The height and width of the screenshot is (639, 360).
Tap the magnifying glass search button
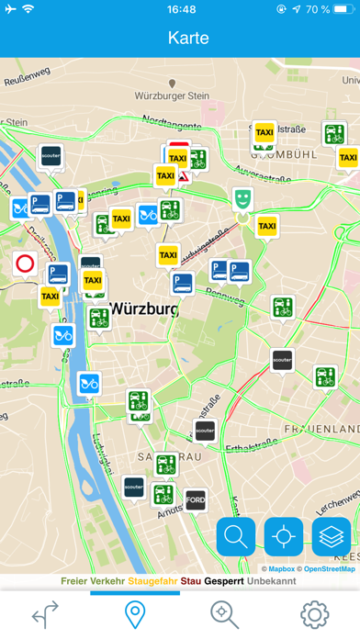coord(236,537)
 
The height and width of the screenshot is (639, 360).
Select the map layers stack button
coord(332,537)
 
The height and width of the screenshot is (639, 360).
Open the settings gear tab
coord(314,613)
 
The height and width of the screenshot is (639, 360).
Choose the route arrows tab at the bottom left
coord(45,613)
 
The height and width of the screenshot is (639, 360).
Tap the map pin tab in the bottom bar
coord(135,613)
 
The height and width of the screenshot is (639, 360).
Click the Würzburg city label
coord(143,309)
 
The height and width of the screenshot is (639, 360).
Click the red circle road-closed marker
coord(26,264)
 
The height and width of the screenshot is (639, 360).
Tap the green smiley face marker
coord(242,198)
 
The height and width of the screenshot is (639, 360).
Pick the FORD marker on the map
coord(196,499)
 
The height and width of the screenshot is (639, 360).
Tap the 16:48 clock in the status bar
coord(181,9)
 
